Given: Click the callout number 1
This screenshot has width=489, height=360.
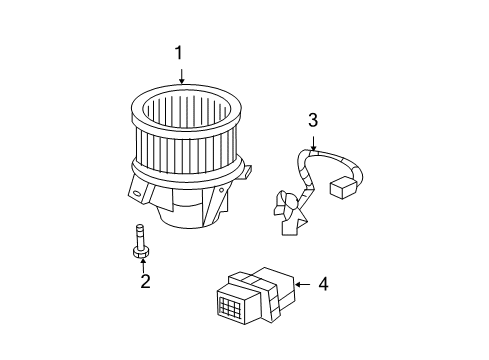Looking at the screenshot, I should tap(179, 52).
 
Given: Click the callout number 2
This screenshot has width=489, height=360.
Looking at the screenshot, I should tap(145, 282).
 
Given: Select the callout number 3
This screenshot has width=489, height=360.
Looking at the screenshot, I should tap(313, 122).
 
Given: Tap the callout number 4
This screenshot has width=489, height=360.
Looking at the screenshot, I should tap(323, 284).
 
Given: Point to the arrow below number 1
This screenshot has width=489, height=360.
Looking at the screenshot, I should tap(180, 72).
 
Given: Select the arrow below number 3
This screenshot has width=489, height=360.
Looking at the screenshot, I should tap(313, 142).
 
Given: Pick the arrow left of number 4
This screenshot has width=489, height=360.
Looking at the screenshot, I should tap(301, 284).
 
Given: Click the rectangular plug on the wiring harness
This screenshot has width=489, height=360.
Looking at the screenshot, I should tap(342, 187).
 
